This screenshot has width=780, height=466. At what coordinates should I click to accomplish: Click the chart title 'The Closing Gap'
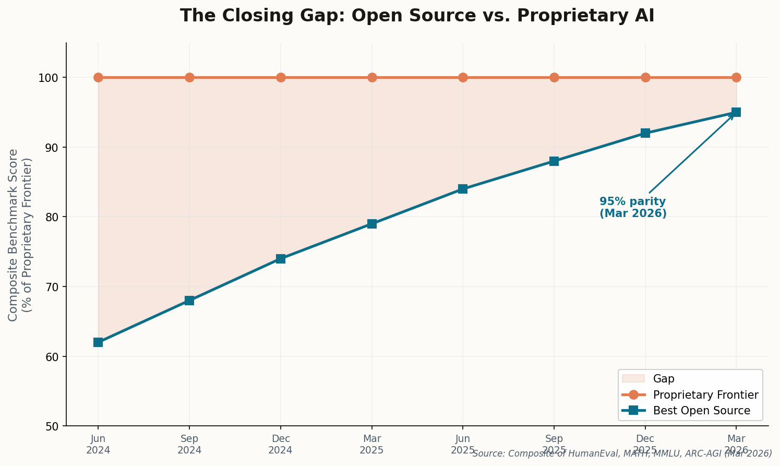click(417, 16)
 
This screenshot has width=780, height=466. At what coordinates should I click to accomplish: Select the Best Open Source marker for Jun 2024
click(98, 342)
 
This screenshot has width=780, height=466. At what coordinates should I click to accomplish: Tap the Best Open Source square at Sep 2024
click(189, 301)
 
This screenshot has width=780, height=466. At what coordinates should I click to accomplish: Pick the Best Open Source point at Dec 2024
click(281, 259)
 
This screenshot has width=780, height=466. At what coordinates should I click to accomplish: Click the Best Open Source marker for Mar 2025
click(372, 224)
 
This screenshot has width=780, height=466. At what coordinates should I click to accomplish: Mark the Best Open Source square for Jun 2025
click(463, 189)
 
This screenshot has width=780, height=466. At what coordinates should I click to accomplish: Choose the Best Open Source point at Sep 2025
click(554, 161)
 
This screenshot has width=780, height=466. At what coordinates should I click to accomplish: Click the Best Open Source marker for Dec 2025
click(645, 133)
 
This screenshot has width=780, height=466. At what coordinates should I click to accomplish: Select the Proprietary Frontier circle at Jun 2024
click(98, 78)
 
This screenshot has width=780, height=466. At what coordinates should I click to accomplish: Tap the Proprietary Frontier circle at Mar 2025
click(372, 78)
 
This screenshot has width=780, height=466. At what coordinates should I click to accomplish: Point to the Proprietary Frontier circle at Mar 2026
click(736, 78)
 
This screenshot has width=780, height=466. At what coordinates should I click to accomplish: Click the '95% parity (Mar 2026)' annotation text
click(633, 208)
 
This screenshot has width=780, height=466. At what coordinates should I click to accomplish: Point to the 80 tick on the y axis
click(55, 217)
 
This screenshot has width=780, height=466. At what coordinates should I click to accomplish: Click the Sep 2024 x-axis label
click(189, 444)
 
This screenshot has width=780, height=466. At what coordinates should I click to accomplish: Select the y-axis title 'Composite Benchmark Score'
click(20, 235)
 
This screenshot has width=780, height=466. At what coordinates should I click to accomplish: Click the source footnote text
click(622, 454)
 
